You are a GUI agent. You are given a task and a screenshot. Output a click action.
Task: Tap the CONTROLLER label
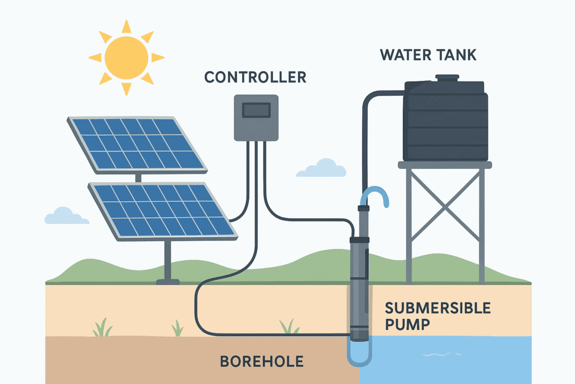point(255,77)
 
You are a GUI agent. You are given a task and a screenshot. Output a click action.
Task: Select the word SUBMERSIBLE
point(437,308)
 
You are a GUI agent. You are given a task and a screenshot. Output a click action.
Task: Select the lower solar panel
point(162,209)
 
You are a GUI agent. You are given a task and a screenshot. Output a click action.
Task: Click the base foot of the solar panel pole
point(167,281)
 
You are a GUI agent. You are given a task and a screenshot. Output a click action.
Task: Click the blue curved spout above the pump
point(375,196)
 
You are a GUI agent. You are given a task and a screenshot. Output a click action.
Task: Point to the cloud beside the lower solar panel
point(66,216)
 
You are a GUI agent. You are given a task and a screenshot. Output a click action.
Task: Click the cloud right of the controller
point(322,168)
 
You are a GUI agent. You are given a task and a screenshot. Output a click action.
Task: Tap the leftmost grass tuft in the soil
point(103,328)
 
